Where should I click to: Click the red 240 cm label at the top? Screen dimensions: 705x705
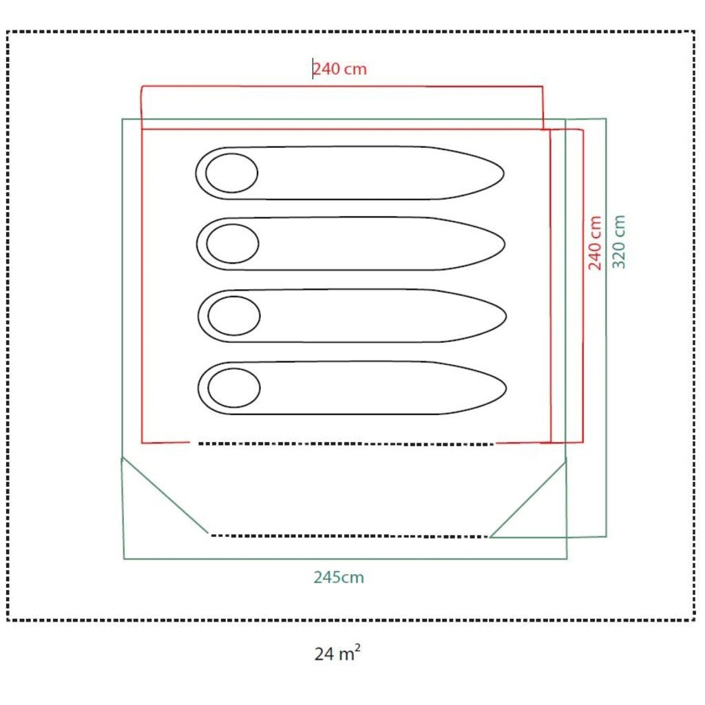pos(340,69)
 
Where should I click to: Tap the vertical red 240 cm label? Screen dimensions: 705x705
pos(594,243)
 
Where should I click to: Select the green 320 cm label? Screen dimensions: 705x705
pos(619,242)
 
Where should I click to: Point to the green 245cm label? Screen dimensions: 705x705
pos(339,578)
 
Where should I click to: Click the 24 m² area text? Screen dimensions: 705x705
pos(337,653)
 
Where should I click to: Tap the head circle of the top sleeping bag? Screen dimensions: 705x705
pos(231,173)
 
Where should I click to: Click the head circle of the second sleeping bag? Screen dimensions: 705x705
pos(233,244)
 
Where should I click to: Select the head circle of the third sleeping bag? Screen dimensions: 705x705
pos(234,315)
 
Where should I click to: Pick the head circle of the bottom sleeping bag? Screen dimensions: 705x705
pos(234,388)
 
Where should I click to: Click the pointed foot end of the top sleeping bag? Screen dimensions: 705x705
pos(503,173)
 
